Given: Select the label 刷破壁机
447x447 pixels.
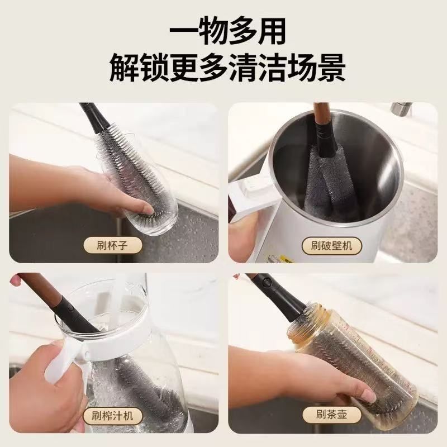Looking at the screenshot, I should [331, 244].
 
